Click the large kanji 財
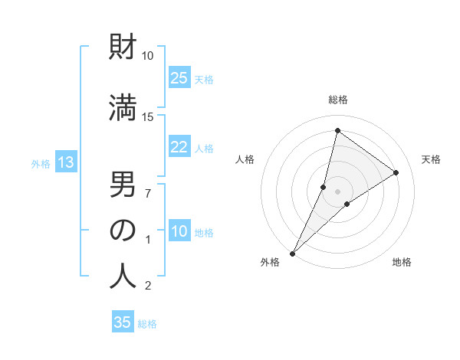coord(123,48)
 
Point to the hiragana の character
coord(123,230)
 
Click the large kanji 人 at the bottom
coord(123,276)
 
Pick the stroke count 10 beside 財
coord(148,56)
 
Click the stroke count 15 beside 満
coord(148,116)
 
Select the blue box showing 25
coord(179,78)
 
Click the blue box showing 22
coord(179,148)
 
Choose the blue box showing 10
coord(179,232)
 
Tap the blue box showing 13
coord(65,162)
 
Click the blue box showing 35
coord(123,322)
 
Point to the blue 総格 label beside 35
coord(147,324)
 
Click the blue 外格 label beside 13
coord(40,163)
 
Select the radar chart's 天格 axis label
coord(431,159)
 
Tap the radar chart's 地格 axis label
coord(402,263)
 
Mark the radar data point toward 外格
coord(292,253)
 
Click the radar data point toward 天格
coord(396,173)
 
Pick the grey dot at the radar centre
coord(337,191)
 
